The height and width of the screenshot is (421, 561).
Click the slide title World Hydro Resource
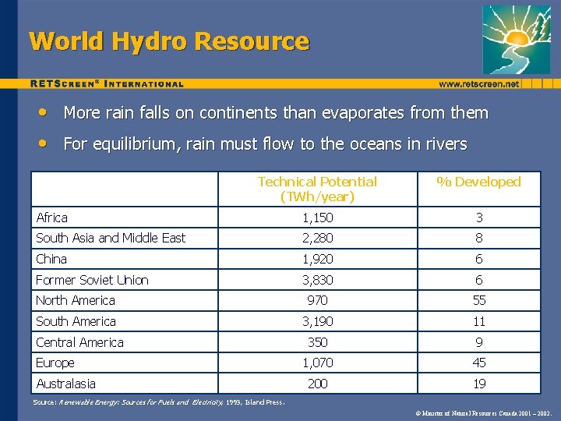(168, 41)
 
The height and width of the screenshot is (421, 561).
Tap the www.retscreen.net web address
(478, 83)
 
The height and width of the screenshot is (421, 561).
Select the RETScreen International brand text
(108, 83)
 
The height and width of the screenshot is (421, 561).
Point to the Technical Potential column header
(317, 189)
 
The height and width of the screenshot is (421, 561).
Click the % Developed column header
(478, 182)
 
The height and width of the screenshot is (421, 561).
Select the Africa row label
(52, 218)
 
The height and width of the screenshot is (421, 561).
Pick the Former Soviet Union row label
(92, 280)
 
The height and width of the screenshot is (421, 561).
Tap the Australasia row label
(66, 384)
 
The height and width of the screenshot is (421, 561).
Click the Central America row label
(79, 342)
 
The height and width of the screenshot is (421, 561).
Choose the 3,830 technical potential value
(317, 280)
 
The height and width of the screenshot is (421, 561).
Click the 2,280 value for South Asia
(317, 238)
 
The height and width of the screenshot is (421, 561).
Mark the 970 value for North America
(317, 300)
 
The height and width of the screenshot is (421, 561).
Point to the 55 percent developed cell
(478, 300)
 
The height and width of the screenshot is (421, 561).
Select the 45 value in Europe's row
(478, 363)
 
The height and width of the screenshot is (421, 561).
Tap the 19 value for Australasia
(478, 384)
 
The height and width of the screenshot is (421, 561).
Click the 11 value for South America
(478, 321)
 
